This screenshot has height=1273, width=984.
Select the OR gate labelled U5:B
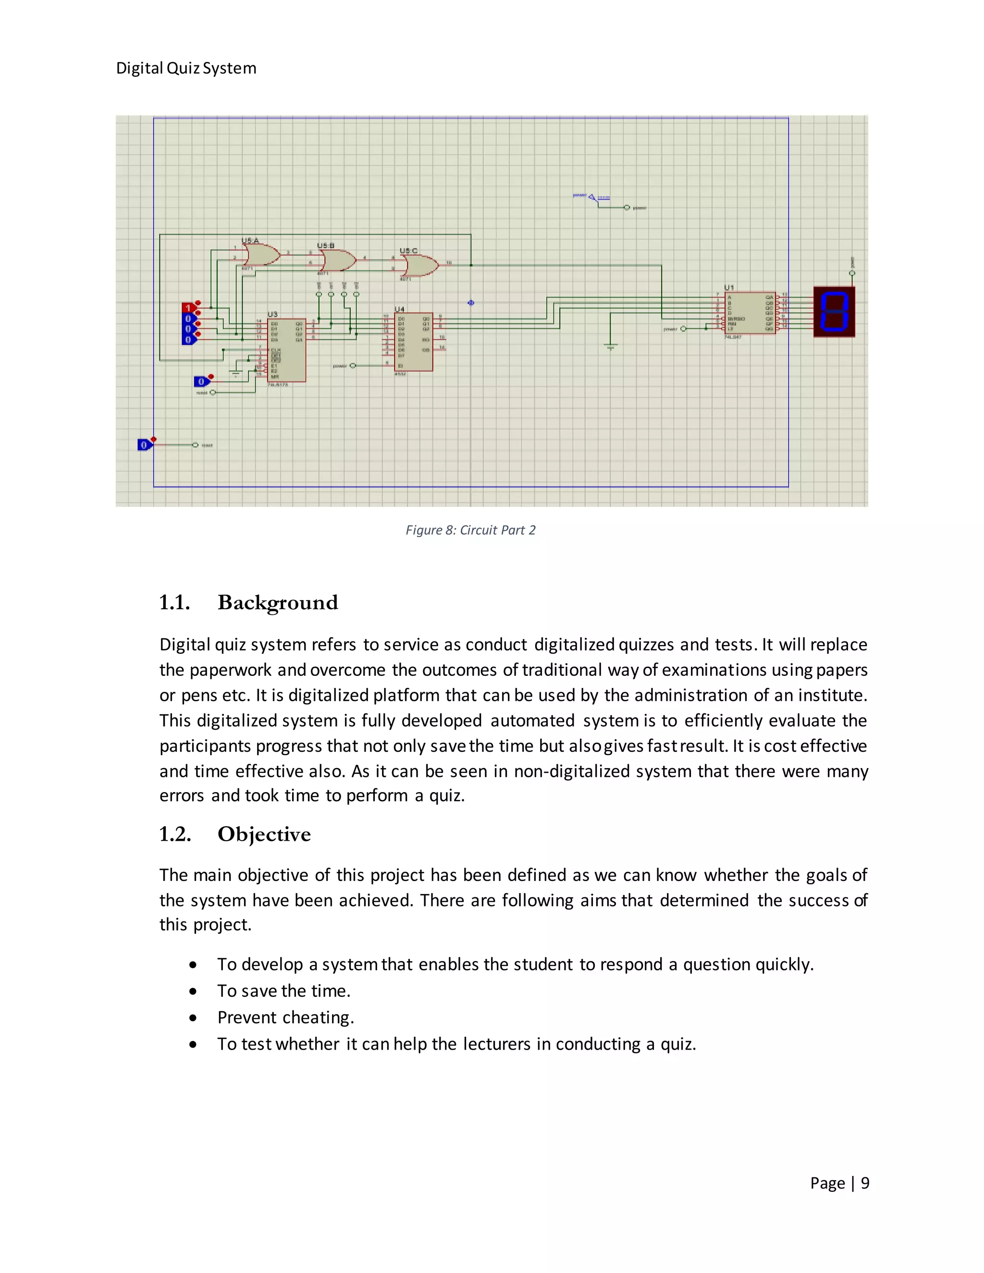(x=338, y=260)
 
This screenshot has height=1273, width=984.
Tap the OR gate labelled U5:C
(x=420, y=266)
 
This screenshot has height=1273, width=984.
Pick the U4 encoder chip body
(x=413, y=342)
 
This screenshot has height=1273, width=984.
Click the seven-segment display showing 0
(x=834, y=312)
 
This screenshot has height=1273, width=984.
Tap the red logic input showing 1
(x=188, y=308)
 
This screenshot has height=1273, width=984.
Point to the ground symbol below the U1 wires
(x=611, y=347)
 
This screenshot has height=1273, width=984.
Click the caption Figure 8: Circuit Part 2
(x=470, y=530)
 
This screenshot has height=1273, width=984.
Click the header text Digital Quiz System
(x=186, y=68)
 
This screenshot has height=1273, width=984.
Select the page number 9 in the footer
(x=865, y=1183)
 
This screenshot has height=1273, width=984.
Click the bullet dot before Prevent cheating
(x=193, y=1018)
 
